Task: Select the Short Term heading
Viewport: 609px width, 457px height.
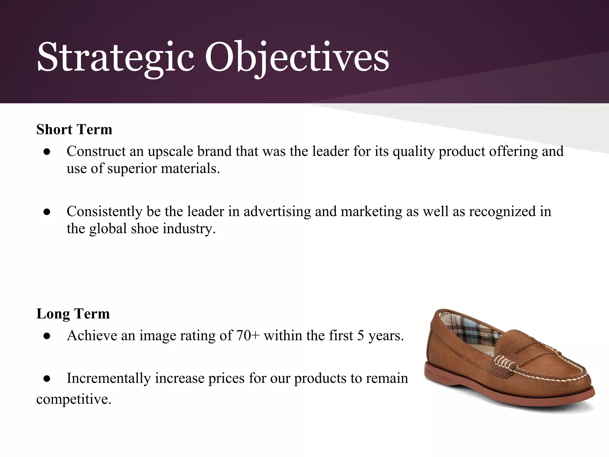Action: [74, 129]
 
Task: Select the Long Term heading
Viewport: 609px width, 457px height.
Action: [73, 314]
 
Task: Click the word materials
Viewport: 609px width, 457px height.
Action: [190, 169]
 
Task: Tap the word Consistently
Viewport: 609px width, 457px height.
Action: [104, 212]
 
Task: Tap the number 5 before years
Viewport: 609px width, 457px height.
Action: [360, 336]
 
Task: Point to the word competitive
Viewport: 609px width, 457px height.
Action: [73, 399]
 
